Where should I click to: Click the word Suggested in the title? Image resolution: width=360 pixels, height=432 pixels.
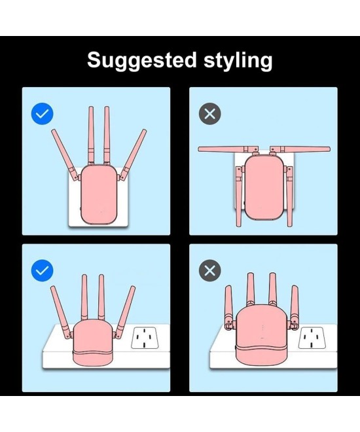point(142,61)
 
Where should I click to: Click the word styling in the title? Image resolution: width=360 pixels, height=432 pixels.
point(238,61)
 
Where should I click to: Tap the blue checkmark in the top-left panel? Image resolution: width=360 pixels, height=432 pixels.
point(42,114)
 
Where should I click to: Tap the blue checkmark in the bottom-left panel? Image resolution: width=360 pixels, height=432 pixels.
point(42,270)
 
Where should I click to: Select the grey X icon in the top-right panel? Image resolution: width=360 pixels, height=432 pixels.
point(210,114)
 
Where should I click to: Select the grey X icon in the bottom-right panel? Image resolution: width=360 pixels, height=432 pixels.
point(210,270)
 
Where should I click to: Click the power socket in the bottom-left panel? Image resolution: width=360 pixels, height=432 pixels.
point(145,338)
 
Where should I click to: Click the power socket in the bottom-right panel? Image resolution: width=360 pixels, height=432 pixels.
point(312,338)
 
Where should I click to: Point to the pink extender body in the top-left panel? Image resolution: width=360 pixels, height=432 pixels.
point(99,194)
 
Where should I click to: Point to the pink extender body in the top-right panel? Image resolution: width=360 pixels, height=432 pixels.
point(264,188)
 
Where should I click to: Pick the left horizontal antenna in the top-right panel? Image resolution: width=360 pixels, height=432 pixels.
point(226,149)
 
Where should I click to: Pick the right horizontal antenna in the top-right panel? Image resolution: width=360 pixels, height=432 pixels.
point(300,149)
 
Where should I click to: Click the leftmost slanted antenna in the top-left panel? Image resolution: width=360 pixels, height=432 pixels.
point(65,155)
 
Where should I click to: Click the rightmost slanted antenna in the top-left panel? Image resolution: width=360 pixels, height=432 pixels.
point(133,155)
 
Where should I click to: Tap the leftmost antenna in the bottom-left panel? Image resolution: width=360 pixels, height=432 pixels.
point(61,312)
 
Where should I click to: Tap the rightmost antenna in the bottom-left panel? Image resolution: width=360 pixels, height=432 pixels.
point(125,312)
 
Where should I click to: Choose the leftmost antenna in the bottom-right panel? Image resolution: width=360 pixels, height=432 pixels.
point(229,307)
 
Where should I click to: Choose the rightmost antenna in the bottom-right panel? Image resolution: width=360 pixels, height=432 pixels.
point(294,307)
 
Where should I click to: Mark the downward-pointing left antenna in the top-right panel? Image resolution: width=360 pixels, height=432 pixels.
point(239,196)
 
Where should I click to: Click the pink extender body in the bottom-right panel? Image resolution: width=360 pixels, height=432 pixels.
point(261,336)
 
